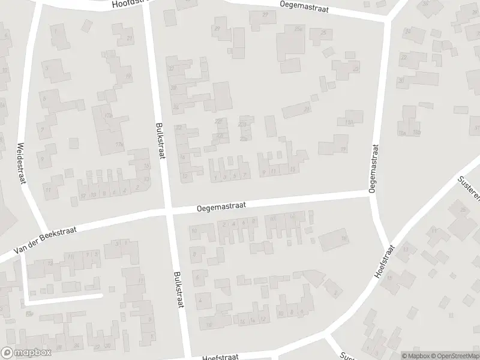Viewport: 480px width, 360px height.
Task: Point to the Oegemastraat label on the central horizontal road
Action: click(x=221, y=206)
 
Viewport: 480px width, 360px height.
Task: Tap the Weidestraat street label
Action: click(x=22, y=164)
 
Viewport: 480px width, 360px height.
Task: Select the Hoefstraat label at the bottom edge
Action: click(x=221, y=355)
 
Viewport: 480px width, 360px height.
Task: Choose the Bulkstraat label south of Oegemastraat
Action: click(x=178, y=289)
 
